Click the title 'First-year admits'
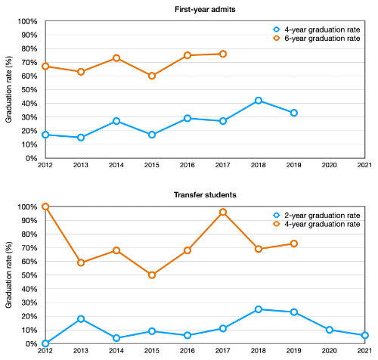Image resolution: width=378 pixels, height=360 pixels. [204, 10]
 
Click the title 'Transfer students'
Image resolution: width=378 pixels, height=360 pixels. [204, 194]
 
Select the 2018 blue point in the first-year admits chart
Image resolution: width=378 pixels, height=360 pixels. [259, 101]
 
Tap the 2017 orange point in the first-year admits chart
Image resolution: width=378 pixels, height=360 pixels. [222, 54]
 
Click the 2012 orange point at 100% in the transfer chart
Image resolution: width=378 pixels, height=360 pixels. [45, 206]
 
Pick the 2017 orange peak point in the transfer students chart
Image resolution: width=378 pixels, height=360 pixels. [223, 212]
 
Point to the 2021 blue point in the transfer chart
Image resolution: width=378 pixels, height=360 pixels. [365, 335]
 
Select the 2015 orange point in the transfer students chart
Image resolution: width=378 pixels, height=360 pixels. [152, 275]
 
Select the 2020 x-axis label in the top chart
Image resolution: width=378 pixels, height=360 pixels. [330, 166]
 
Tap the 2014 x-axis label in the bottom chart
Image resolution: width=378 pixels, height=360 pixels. [116, 352]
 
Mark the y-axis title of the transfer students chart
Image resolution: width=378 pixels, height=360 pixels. [9, 275]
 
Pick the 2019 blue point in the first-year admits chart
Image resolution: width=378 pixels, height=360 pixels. [294, 113]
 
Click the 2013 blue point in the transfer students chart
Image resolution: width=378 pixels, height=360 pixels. [81, 319]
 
